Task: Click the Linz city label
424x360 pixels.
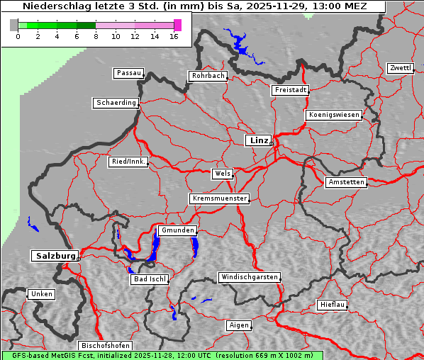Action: click(x=258, y=140)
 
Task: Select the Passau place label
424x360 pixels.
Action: click(x=128, y=73)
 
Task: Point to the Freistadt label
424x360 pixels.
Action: click(x=290, y=90)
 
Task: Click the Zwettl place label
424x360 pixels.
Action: click(x=401, y=68)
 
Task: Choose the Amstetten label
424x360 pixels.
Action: click(x=346, y=182)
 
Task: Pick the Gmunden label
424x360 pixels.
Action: click(x=177, y=231)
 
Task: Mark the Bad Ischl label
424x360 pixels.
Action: click(x=150, y=279)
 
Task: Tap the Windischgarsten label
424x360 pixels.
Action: click(x=249, y=277)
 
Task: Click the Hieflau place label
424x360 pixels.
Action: click(x=333, y=305)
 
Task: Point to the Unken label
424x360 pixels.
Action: click(x=42, y=294)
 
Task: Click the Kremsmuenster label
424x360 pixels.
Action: click(x=220, y=198)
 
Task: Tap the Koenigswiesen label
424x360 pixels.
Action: click(x=334, y=115)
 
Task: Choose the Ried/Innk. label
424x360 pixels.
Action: click(x=128, y=162)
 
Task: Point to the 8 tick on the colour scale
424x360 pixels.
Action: click(x=96, y=35)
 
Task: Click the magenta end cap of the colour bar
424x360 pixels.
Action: click(x=177, y=25)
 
